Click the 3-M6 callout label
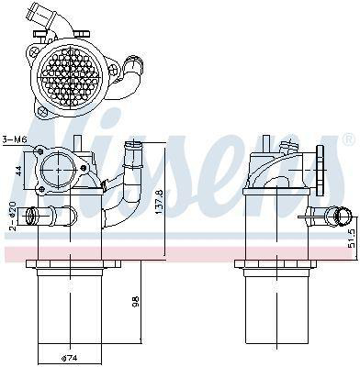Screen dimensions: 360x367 15,139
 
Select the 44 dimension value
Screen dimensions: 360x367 18,171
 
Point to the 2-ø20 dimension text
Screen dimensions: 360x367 12,216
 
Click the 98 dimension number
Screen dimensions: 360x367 136,301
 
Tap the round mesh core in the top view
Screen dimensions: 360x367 71,74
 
